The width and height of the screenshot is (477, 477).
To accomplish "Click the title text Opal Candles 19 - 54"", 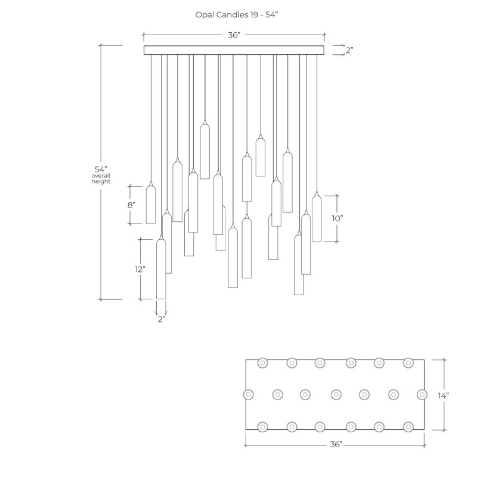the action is (x=236, y=14).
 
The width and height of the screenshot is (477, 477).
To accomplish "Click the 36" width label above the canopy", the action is (x=234, y=35).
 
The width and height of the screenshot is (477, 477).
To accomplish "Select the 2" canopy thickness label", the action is (x=349, y=50).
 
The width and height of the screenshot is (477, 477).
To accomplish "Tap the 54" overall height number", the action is (x=101, y=169).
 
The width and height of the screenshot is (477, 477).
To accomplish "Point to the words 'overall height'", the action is (x=101, y=178).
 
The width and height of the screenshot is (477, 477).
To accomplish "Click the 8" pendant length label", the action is (x=131, y=205).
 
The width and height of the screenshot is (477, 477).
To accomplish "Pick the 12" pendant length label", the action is (x=140, y=269).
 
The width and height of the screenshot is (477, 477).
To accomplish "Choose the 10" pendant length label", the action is (x=337, y=218).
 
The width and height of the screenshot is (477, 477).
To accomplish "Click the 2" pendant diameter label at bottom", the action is (x=162, y=319).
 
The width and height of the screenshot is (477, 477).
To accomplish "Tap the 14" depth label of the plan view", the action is (x=443, y=395).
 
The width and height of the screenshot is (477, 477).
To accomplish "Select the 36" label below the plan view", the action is (x=336, y=444).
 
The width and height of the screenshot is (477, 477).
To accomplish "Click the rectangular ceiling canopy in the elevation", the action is (x=234, y=50).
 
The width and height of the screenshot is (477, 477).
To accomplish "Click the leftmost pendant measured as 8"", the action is (x=151, y=203).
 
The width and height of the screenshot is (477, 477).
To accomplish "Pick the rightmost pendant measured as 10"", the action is (x=317, y=216).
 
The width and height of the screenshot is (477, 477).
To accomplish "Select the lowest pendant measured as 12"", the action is (x=161, y=267).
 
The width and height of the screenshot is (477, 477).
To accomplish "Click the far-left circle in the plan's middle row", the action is (x=249, y=395).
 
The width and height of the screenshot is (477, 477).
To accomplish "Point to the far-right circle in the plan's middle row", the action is (x=422, y=395).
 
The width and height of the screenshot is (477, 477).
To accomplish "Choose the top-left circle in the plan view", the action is (x=263, y=363).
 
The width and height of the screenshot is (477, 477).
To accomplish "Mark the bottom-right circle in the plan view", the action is (x=408, y=427).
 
